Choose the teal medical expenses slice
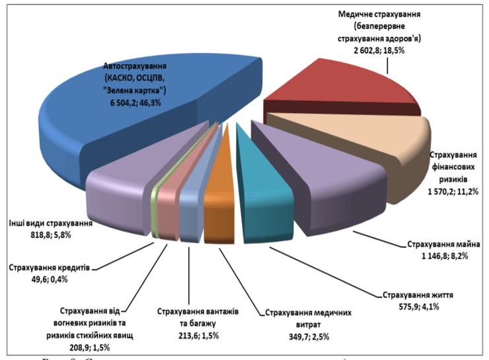coord(264,192)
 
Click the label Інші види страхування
coord(50,223)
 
